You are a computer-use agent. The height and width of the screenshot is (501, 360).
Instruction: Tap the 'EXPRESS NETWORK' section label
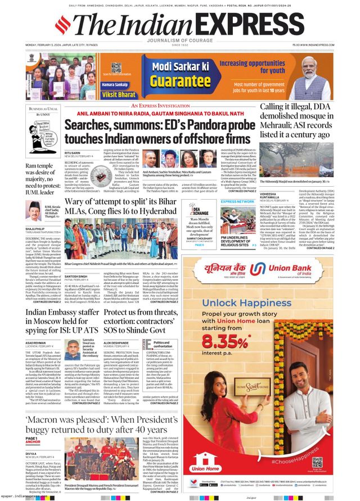[237, 201]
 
